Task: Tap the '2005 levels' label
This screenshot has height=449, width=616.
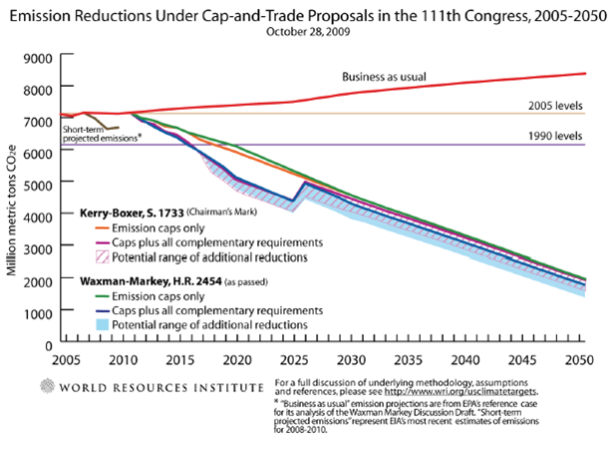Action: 555,105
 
